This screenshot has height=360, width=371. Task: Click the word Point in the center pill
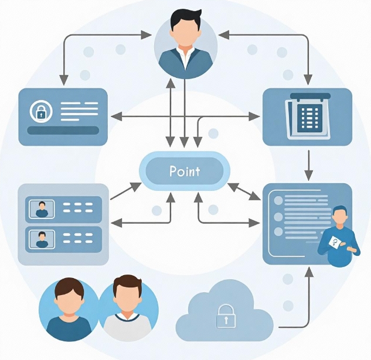pyautogui.click(x=185, y=171)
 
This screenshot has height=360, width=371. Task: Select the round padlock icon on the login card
pyautogui.click(x=41, y=111)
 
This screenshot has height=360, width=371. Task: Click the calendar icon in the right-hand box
pyautogui.click(x=307, y=116)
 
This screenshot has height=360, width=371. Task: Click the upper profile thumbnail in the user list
pyautogui.click(x=42, y=208)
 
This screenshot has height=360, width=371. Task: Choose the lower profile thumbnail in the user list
pyautogui.click(x=42, y=239)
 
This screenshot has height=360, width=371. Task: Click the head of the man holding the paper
pyautogui.click(x=339, y=216)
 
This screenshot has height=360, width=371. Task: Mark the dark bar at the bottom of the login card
pyautogui.click(x=63, y=130)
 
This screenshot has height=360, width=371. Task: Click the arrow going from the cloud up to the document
pyautogui.click(x=308, y=299)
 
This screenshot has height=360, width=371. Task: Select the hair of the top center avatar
pyautogui.click(x=186, y=16)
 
